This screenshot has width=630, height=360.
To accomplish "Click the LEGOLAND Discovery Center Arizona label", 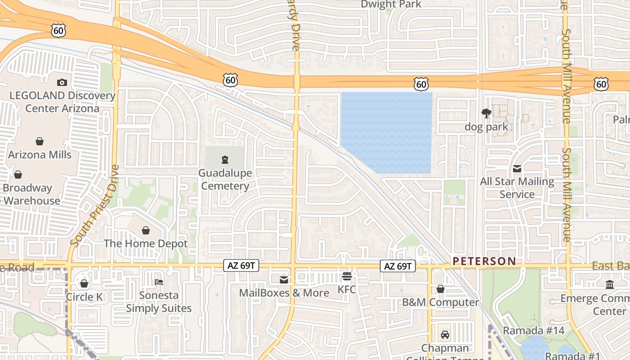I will point(62,102).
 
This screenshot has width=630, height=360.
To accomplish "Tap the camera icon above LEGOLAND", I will point(62,82).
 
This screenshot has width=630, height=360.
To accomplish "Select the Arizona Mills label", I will point(40,155).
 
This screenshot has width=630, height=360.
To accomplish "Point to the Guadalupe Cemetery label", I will point(225,180).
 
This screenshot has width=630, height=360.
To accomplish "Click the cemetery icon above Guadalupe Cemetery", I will point(225,159).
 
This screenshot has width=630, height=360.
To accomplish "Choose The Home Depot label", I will point(146,243).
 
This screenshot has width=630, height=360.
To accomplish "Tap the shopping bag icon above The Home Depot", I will point(146,231).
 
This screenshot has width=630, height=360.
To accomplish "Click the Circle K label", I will point(84,297).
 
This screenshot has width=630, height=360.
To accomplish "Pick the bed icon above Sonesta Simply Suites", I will point(159,282).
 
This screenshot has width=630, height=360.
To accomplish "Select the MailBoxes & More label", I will point(284,293).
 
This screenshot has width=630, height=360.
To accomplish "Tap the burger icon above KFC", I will point(346,276).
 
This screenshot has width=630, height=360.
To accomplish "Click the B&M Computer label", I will point(441,302).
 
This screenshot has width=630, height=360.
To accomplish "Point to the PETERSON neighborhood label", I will point(484,261).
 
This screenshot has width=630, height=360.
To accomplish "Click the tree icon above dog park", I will point(486,113).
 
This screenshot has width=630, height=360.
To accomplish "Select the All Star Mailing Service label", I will point(517,188).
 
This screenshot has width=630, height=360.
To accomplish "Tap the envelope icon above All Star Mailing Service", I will point(517,169).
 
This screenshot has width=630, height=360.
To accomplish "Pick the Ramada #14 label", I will point(533,331).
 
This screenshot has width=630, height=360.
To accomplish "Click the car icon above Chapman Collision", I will point(445,335).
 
